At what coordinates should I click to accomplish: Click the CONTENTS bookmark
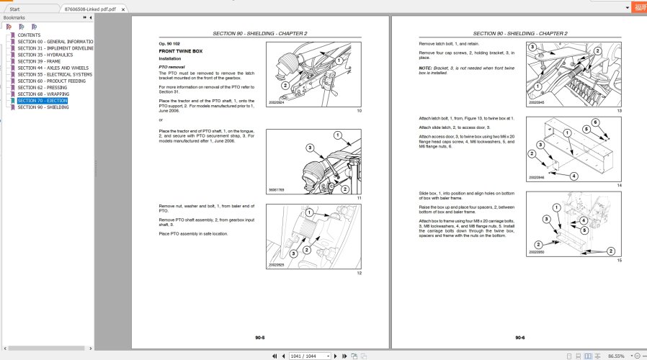29,35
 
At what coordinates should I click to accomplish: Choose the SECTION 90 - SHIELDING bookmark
43,107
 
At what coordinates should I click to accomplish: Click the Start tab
15,9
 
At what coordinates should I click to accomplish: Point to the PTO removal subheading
171,66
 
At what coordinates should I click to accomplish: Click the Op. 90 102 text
170,44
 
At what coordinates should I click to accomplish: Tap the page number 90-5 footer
259,337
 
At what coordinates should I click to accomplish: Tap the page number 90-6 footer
519,337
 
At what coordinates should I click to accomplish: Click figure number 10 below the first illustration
359,110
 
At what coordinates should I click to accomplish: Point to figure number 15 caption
619,260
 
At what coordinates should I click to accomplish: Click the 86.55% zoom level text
616,356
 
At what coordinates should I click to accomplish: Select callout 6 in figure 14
595,122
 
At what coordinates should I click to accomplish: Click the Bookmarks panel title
14,17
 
